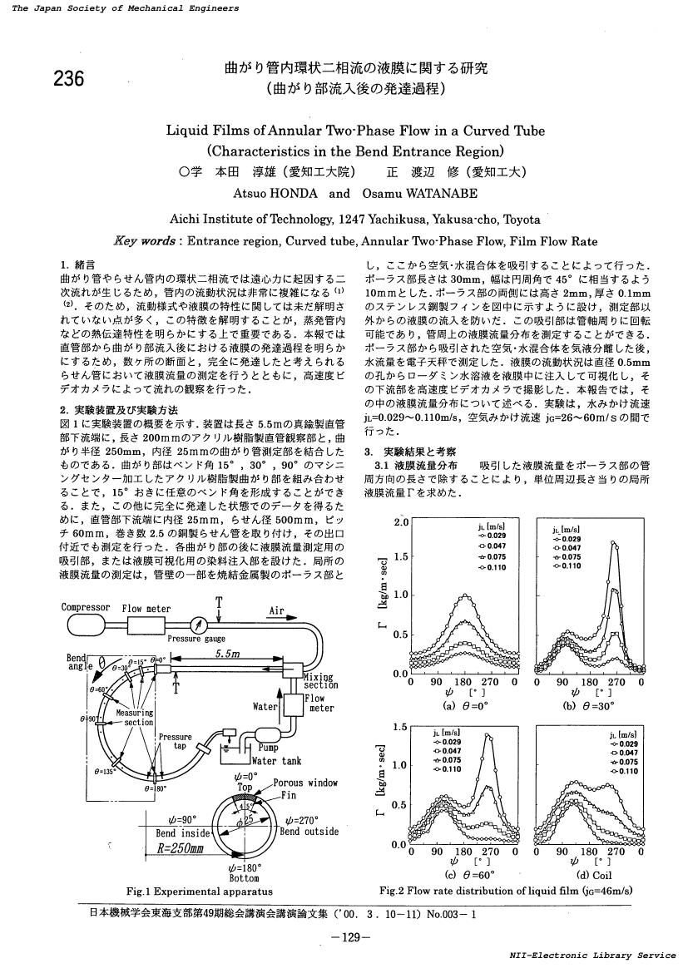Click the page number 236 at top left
pyautogui.click(x=69, y=78)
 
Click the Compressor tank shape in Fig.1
pyautogui.click(x=85, y=625)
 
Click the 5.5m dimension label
pyautogui.click(x=227, y=654)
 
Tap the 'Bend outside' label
pyautogui.click(x=309, y=831)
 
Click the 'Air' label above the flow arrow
pyautogui.click(x=275, y=610)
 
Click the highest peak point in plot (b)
pyautogui.click(x=614, y=543)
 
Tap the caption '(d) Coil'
pyautogui.click(x=588, y=874)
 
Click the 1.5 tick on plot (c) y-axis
pyautogui.click(x=400, y=727)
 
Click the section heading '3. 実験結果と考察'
pyautogui.click(x=407, y=452)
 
